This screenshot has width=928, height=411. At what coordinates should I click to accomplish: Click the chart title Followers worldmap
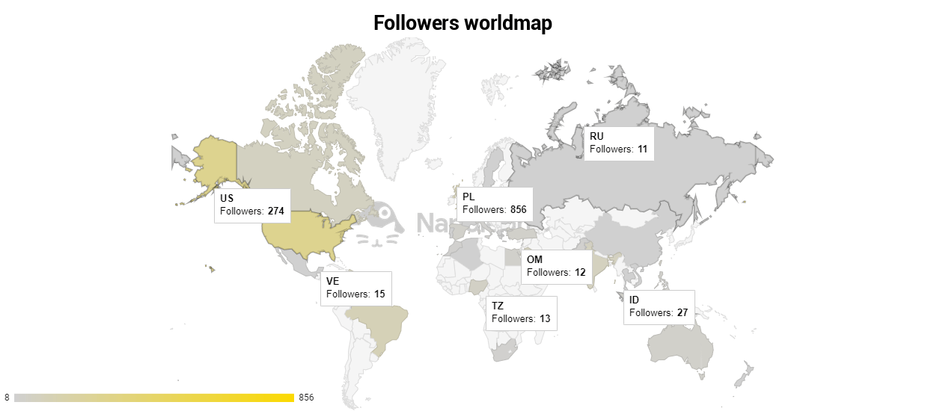pyautogui.click(x=463, y=23)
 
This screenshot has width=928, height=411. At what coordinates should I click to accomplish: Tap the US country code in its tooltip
pyautogui.click(x=227, y=198)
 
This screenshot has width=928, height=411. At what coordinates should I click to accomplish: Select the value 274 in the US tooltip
pyautogui.click(x=276, y=211)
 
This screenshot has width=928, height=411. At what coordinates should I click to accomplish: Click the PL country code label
pyautogui.click(x=468, y=196)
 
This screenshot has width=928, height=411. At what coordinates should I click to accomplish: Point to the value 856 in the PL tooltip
pyautogui.click(x=519, y=209)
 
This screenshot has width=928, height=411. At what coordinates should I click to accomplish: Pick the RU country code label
pyautogui.click(x=596, y=136)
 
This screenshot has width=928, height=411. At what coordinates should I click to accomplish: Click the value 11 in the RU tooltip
pyautogui.click(x=642, y=149)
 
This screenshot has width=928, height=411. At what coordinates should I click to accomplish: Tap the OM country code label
pyautogui.click(x=534, y=259)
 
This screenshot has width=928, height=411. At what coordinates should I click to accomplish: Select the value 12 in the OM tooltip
pyautogui.click(x=580, y=273)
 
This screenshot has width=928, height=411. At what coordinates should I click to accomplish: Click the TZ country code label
pyautogui.click(x=498, y=306)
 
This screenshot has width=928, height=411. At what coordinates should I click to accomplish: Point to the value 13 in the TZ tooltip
pyautogui.click(x=544, y=319)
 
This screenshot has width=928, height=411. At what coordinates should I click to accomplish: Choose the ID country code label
pyautogui.click(x=634, y=300)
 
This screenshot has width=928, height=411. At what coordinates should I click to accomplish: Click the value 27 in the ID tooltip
pyautogui.click(x=682, y=313)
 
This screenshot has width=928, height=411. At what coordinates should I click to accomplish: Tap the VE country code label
pyautogui.click(x=333, y=281)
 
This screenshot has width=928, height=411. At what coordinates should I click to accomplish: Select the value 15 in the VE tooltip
pyautogui.click(x=379, y=294)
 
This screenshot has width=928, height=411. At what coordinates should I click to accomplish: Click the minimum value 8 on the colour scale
pyautogui.click(x=7, y=398)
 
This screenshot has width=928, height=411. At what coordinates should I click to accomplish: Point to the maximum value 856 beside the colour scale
pyautogui.click(x=306, y=398)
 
